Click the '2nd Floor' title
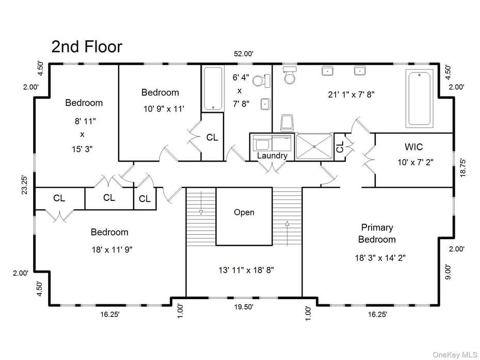(x=87, y=46)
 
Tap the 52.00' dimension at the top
(x=244, y=54)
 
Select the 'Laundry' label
(x=272, y=155)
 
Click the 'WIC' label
(x=413, y=147)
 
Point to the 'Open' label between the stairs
(x=244, y=212)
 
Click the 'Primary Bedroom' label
(x=377, y=233)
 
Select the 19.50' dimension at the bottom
(x=243, y=306)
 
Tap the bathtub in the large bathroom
(x=421, y=100)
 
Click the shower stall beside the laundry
(x=314, y=147)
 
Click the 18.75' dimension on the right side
(x=462, y=168)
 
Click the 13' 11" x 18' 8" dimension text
(x=244, y=270)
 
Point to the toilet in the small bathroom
(x=265, y=81)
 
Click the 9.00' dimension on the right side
(x=448, y=272)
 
